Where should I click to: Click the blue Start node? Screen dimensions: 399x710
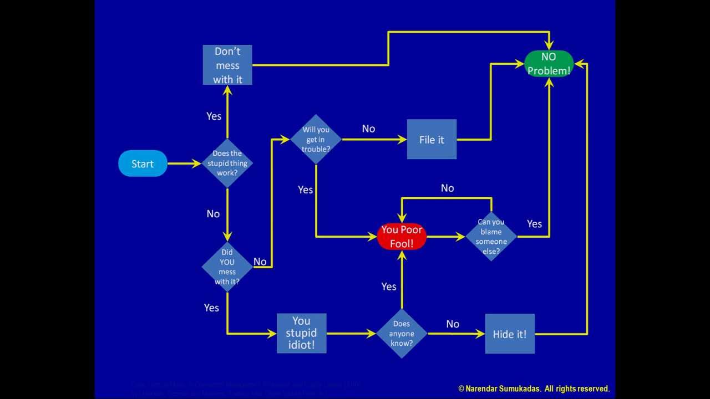[143, 163]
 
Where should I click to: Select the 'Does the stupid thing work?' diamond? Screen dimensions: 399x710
[227, 163]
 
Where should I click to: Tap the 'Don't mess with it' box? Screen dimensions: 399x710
[227, 65]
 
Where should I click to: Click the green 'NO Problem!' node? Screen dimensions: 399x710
[549, 64]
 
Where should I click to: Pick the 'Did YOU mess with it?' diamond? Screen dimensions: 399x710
[227, 267]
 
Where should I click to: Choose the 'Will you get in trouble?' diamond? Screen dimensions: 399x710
[316, 139]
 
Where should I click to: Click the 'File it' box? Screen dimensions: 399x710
[432, 140]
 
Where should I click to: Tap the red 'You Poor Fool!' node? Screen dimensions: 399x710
[402, 237]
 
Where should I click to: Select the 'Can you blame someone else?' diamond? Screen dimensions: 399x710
[491, 237]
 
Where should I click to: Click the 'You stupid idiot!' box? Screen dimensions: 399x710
[301, 333]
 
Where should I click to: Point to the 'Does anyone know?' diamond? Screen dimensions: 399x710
[402, 334]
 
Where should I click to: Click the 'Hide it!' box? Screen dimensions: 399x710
[510, 334]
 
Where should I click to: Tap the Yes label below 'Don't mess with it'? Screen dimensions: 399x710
[214, 116]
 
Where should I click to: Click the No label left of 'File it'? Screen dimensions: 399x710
[368, 129]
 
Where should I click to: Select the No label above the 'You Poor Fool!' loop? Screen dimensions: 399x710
[447, 188]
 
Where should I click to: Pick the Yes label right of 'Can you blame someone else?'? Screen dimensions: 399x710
[534, 224]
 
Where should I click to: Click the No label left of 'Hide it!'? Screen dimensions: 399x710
[453, 324]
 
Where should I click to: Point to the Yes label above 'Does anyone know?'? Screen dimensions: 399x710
[389, 287]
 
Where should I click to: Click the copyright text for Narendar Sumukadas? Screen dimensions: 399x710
[534, 388]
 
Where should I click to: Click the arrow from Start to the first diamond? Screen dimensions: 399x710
[184, 163]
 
